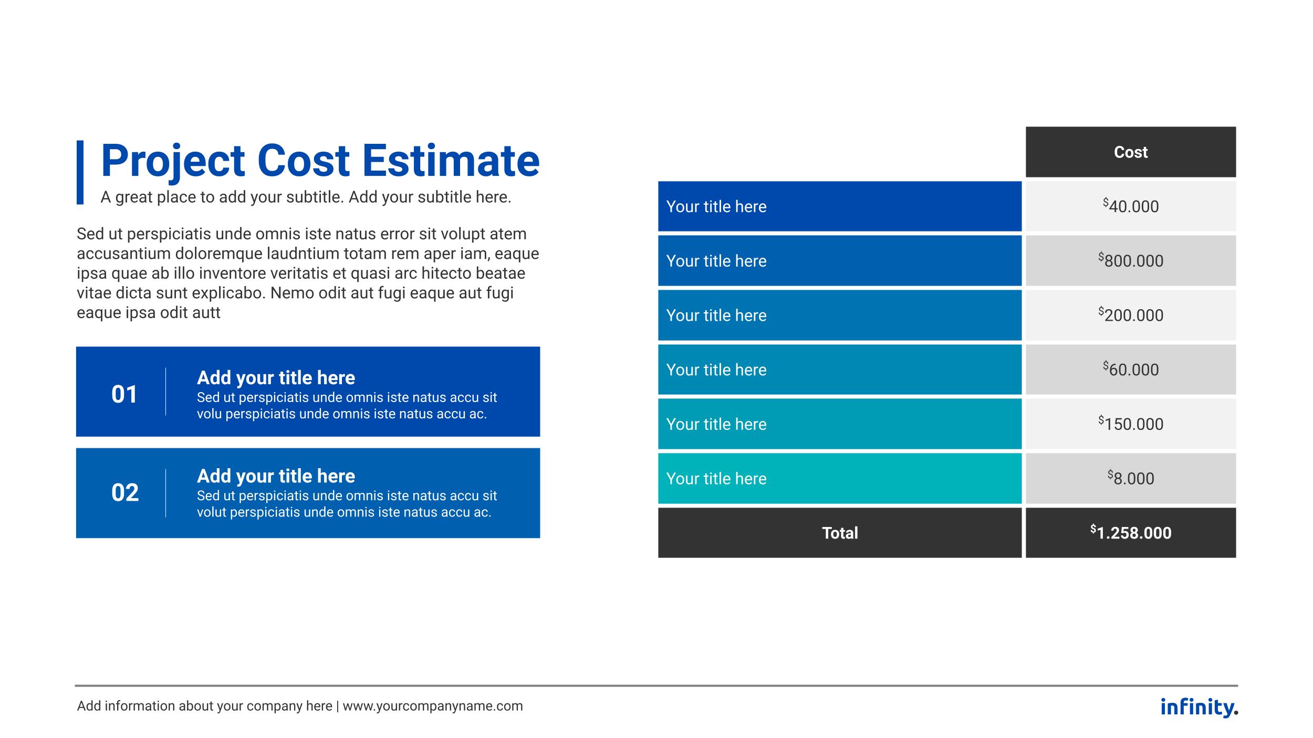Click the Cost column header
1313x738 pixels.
pos(1130,152)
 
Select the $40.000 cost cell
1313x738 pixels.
pos(1130,206)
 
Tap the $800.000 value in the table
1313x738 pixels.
pos(1130,260)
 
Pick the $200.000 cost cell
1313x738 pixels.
pos(1130,315)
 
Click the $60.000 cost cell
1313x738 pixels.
pos(1130,370)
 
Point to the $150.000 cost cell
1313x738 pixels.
pos(1130,424)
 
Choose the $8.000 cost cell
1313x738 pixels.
pos(1130,478)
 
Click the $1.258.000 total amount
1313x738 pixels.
pos(1130,533)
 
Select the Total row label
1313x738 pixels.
pos(840,533)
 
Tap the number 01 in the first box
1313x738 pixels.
pos(124,394)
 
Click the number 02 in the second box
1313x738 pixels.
pos(125,492)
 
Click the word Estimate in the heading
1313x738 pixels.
pos(451,160)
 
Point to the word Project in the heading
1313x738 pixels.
pos(173,161)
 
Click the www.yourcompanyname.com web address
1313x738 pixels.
pos(433,706)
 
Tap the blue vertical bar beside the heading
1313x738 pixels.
pos(80,172)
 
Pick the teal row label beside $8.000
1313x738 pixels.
pos(840,478)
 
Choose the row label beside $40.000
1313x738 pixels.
pos(840,206)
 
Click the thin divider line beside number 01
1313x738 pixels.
pos(165,392)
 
